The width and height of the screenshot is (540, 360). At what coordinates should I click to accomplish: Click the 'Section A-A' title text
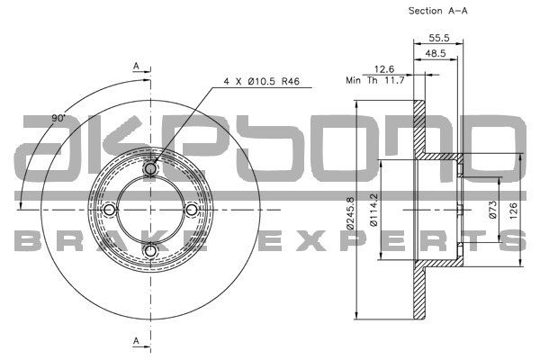point(438,11)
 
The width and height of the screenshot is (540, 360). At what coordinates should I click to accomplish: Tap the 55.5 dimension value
point(438,38)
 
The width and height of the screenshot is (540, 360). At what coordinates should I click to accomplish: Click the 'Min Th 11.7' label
point(375,80)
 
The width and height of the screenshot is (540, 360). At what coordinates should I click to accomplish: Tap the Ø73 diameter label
point(493,211)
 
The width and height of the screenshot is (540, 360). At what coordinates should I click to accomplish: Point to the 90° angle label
point(58,118)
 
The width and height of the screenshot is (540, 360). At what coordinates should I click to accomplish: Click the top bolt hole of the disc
point(150,167)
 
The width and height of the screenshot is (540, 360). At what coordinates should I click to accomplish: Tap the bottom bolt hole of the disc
point(150,250)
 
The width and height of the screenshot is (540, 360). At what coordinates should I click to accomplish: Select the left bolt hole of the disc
point(109,210)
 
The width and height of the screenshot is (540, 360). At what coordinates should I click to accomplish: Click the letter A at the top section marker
point(136,67)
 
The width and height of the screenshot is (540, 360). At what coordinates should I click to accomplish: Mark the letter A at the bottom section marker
point(136,340)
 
